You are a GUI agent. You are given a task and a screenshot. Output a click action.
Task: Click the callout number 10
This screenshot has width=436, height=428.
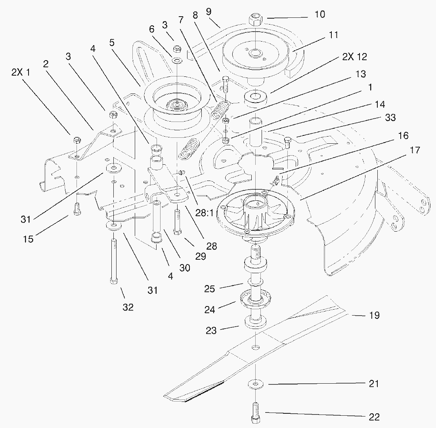320,15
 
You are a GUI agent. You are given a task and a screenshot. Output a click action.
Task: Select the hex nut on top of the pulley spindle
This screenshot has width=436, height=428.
256,20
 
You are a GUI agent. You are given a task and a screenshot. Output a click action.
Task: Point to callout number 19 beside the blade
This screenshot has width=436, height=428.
374,316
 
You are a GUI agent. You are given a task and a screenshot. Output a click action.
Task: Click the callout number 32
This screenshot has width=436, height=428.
128,307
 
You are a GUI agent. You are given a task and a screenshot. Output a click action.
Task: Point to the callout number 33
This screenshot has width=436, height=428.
390,118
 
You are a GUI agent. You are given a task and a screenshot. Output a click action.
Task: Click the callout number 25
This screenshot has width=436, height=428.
210,289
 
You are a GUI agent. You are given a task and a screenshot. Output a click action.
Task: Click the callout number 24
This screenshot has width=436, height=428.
210,309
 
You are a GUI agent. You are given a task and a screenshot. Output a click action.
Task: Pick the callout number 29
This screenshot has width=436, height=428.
201,256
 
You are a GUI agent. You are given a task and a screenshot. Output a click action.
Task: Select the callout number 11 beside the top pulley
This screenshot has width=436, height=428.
333,35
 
